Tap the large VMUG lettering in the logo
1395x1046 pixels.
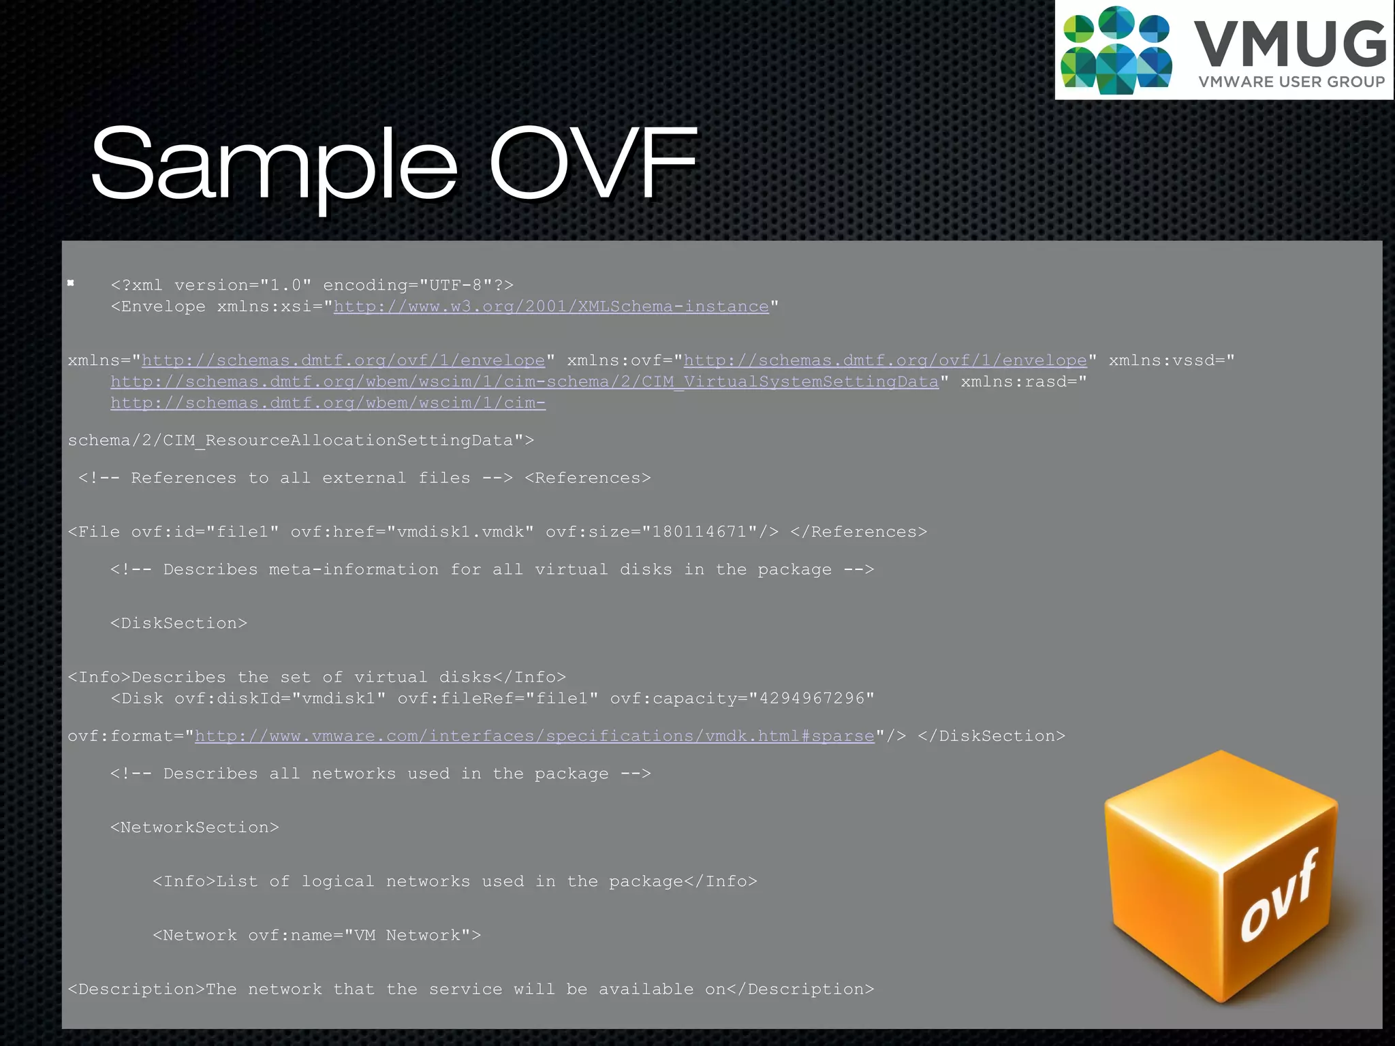click(x=1289, y=44)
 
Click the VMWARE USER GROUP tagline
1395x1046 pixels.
click(x=1291, y=82)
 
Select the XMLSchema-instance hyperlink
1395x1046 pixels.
click(x=550, y=306)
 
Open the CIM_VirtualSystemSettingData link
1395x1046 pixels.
click(x=524, y=382)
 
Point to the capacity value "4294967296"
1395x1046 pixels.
click(x=811, y=699)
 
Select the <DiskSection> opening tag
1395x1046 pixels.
click(x=178, y=623)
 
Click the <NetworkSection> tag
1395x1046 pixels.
click(x=195, y=827)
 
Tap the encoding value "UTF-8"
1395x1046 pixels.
click(x=455, y=285)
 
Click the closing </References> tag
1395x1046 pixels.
click(x=858, y=532)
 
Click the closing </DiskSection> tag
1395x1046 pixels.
click(x=991, y=736)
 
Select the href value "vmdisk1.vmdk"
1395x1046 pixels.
click(x=460, y=532)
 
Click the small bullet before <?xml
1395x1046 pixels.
click(x=71, y=283)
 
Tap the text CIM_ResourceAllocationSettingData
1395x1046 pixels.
click(x=337, y=441)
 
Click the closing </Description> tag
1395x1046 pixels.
click(x=800, y=989)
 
